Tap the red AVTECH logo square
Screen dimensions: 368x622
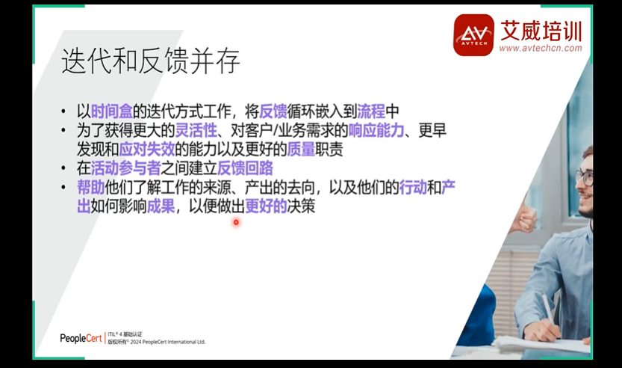coord(473,34)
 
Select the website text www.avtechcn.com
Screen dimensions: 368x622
coord(540,49)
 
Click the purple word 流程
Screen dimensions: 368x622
coord(371,111)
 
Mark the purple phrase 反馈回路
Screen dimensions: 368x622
coord(245,168)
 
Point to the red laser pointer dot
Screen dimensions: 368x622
coord(236,221)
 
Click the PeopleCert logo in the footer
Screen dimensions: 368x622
coord(81,338)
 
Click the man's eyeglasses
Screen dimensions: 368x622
coord(585,178)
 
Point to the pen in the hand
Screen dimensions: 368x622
coord(547,307)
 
